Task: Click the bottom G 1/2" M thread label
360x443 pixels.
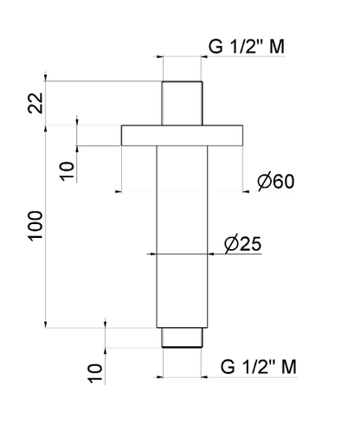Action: click(258, 366)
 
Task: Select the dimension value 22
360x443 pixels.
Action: click(34, 104)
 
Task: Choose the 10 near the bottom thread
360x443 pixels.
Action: click(94, 373)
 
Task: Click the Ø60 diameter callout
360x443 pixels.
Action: click(277, 182)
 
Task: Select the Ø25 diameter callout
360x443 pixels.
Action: click(242, 244)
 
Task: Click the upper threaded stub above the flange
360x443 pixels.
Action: click(182, 104)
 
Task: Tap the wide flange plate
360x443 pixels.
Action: click(182, 136)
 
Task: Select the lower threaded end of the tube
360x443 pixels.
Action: click(182, 338)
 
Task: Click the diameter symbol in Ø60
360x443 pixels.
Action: click(266, 182)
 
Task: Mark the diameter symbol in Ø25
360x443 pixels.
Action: click(231, 244)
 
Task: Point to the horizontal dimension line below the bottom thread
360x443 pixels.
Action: click(182, 377)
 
